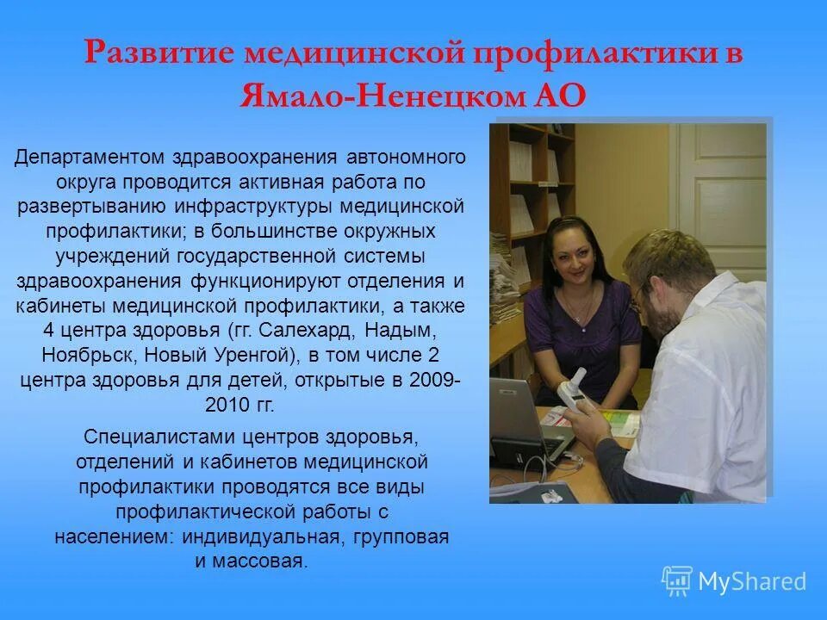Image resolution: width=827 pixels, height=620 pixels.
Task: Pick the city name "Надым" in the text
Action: point(402,331)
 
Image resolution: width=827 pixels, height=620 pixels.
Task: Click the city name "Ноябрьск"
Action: point(80,355)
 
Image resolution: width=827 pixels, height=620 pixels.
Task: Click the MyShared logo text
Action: point(752,581)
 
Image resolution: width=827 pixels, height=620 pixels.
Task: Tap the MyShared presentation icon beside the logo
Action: point(677,580)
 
